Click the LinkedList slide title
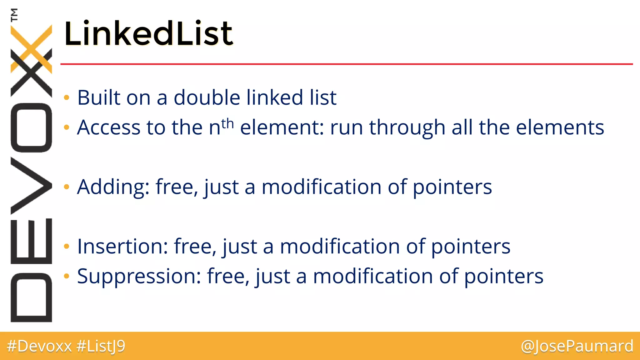pos(148,33)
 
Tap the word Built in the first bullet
pos(99,97)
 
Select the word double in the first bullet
pos(207,97)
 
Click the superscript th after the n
pos(227,123)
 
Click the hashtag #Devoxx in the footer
pos(39,346)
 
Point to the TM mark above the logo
pos(14,15)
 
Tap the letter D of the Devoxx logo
pos(31,297)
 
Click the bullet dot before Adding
pos(66,187)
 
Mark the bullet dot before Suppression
pos(66,276)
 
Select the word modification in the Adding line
pos(321,187)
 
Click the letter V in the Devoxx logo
pos(31,186)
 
